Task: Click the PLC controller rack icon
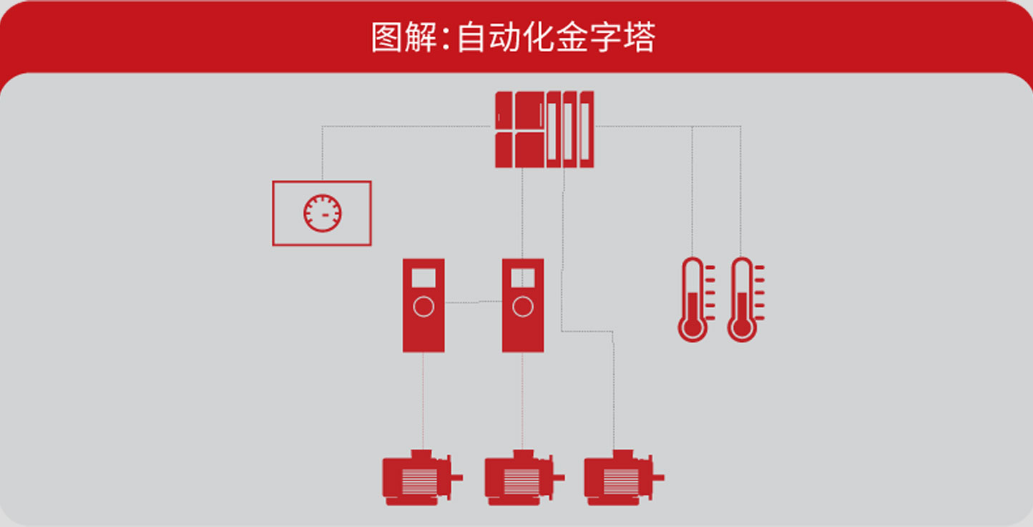pyautogui.click(x=544, y=129)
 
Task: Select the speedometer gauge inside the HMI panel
pyautogui.click(x=323, y=213)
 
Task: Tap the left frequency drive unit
pyautogui.click(x=424, y=305)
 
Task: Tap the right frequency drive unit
pyautogui.click(x=523, y=305)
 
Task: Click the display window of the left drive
pyautogui.click(x=424, y=277)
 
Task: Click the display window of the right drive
pyautogui.click(x=523, y=277)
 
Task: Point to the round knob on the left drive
pyautogui.click(x=424, y=307)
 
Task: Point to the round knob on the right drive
pyautogui.click(x=523, y=307)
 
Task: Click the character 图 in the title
pyautogui.click(x=387, y=38)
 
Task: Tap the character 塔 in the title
pyautogui.click(x=639, y=38)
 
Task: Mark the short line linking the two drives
pyautogui.click(x=473, y=302)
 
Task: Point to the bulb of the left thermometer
pyautogui.click(x=692, y=328)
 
